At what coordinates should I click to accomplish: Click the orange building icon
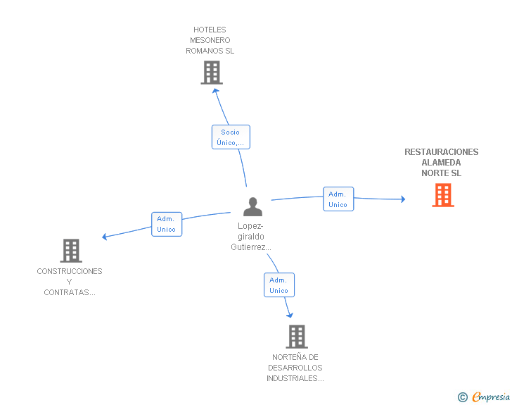click(x=443, y=195)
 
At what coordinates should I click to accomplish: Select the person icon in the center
click(x=252, y=206)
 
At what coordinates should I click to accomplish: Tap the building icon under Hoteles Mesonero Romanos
click(x=212, y=73)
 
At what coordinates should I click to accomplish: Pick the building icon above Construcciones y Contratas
click(x=71, y=251)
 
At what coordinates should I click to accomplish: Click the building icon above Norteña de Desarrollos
click(x=297, y=337)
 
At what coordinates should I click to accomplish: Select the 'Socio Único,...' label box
click(x=231, y=137)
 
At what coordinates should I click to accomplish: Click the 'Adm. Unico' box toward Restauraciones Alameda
click(x=338, y=199)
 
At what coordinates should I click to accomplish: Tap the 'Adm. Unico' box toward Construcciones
click(x=167, y=224)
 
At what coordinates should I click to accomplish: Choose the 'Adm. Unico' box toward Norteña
click(x=279, y=285)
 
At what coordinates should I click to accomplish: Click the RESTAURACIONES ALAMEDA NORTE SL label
click(x=442, y=163)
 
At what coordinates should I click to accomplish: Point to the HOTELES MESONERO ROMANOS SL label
click(x=210, y=40)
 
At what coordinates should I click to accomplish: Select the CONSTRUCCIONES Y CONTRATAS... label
click(x=70, y=282)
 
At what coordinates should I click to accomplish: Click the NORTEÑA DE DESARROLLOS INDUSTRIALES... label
click(x=295, y=368)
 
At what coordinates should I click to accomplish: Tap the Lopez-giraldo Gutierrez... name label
click(x=251, y=237)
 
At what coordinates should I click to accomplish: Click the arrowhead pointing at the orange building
click(x=403, y=199)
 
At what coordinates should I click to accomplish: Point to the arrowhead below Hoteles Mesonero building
click(x=215, y=91)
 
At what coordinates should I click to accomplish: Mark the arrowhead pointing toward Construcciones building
click(x=105, y=237)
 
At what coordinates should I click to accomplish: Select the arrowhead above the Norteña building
click(x=290, y=315)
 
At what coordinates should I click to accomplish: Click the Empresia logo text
click(x=491, y=397)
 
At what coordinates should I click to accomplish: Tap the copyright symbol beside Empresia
click(x=463, y=397)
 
